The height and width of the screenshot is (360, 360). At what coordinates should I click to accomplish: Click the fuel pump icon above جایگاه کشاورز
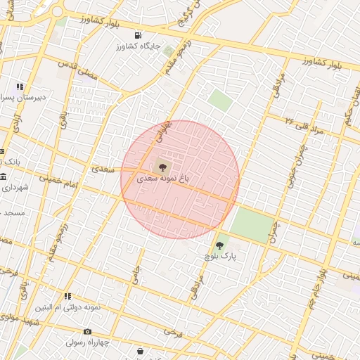[137, 36]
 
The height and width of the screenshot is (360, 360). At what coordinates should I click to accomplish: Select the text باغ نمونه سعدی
[161, 179]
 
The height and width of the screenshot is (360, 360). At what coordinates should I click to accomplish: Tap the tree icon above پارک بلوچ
[220, 245]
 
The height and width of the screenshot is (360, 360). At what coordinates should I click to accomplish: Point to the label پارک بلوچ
[220, 257]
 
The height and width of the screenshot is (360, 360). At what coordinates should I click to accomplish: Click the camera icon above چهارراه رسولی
[87, 332]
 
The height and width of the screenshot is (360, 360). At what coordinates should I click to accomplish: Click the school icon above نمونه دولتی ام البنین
[68, 297]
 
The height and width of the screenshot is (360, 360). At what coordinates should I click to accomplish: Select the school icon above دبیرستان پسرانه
[20, 86]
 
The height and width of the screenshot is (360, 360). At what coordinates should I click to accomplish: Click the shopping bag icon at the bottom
[141, 351]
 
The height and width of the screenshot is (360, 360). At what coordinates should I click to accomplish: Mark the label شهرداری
[13, 188]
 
